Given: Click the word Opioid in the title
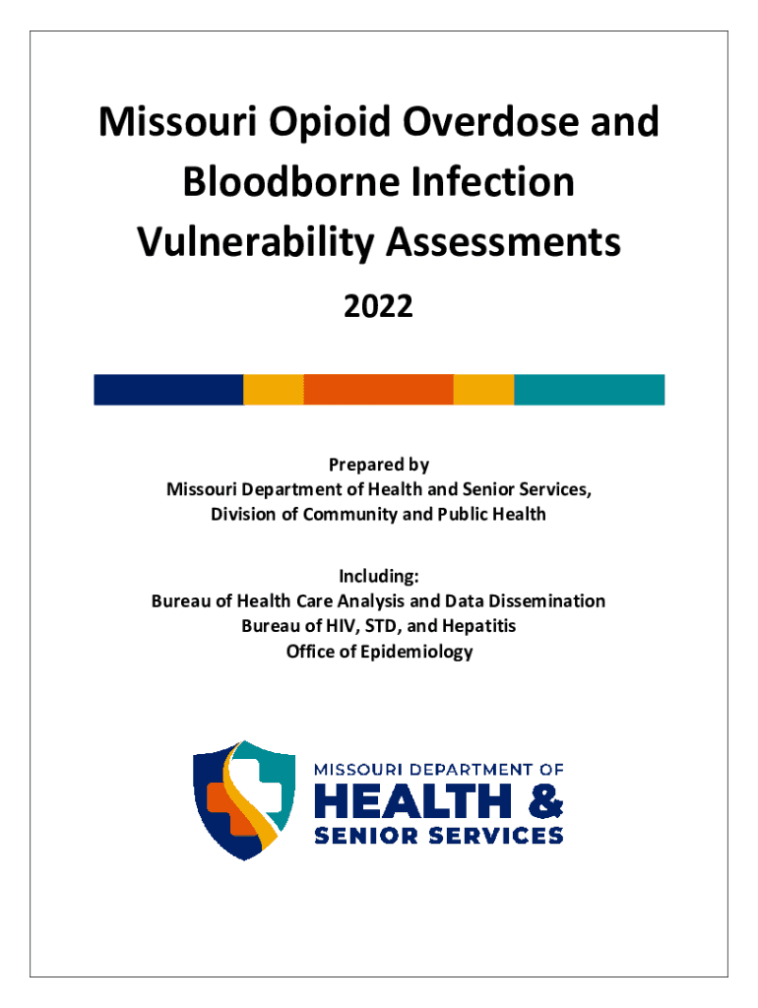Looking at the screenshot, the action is click(329, 123).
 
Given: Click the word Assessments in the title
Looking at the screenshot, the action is click(503, 242).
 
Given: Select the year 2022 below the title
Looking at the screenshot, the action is click(379, 306).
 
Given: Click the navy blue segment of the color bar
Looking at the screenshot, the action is click(168, 390).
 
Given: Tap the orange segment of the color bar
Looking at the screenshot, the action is click(379, 390).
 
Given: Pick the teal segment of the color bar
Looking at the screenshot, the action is click(589, 390).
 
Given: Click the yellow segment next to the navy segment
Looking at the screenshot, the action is click(274, 390).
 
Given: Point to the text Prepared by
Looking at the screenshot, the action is click(379, 465).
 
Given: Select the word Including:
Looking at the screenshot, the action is click(379, 576).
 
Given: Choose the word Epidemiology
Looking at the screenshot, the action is click(416, 652).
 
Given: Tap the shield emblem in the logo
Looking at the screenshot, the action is click(244, 800).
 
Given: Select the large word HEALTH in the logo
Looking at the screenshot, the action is click(412, 801).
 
